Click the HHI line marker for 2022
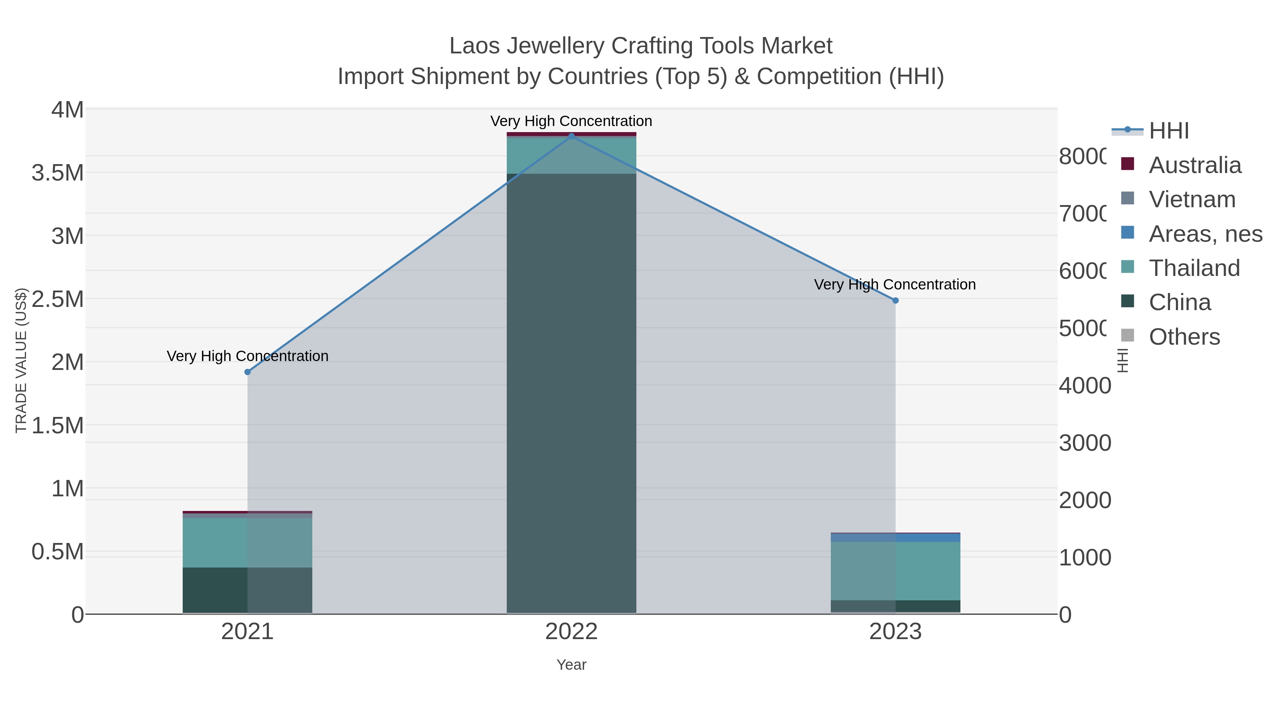pos(571,136)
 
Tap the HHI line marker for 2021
pos(247,372)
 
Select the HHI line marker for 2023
pos(895,301)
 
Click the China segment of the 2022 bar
pos(571,393)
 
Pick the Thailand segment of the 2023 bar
pos(895,571)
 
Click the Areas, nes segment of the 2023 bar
pos(895,537)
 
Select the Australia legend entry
pos(1194,165)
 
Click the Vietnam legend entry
pos(1192,199)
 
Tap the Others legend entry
pos(1184,337)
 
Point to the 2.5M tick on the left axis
pos(58,299)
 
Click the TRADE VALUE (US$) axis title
pos(21,360)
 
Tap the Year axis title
pos(571,665)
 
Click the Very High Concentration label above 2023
pos(894,284)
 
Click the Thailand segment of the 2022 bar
pos(571,155)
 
